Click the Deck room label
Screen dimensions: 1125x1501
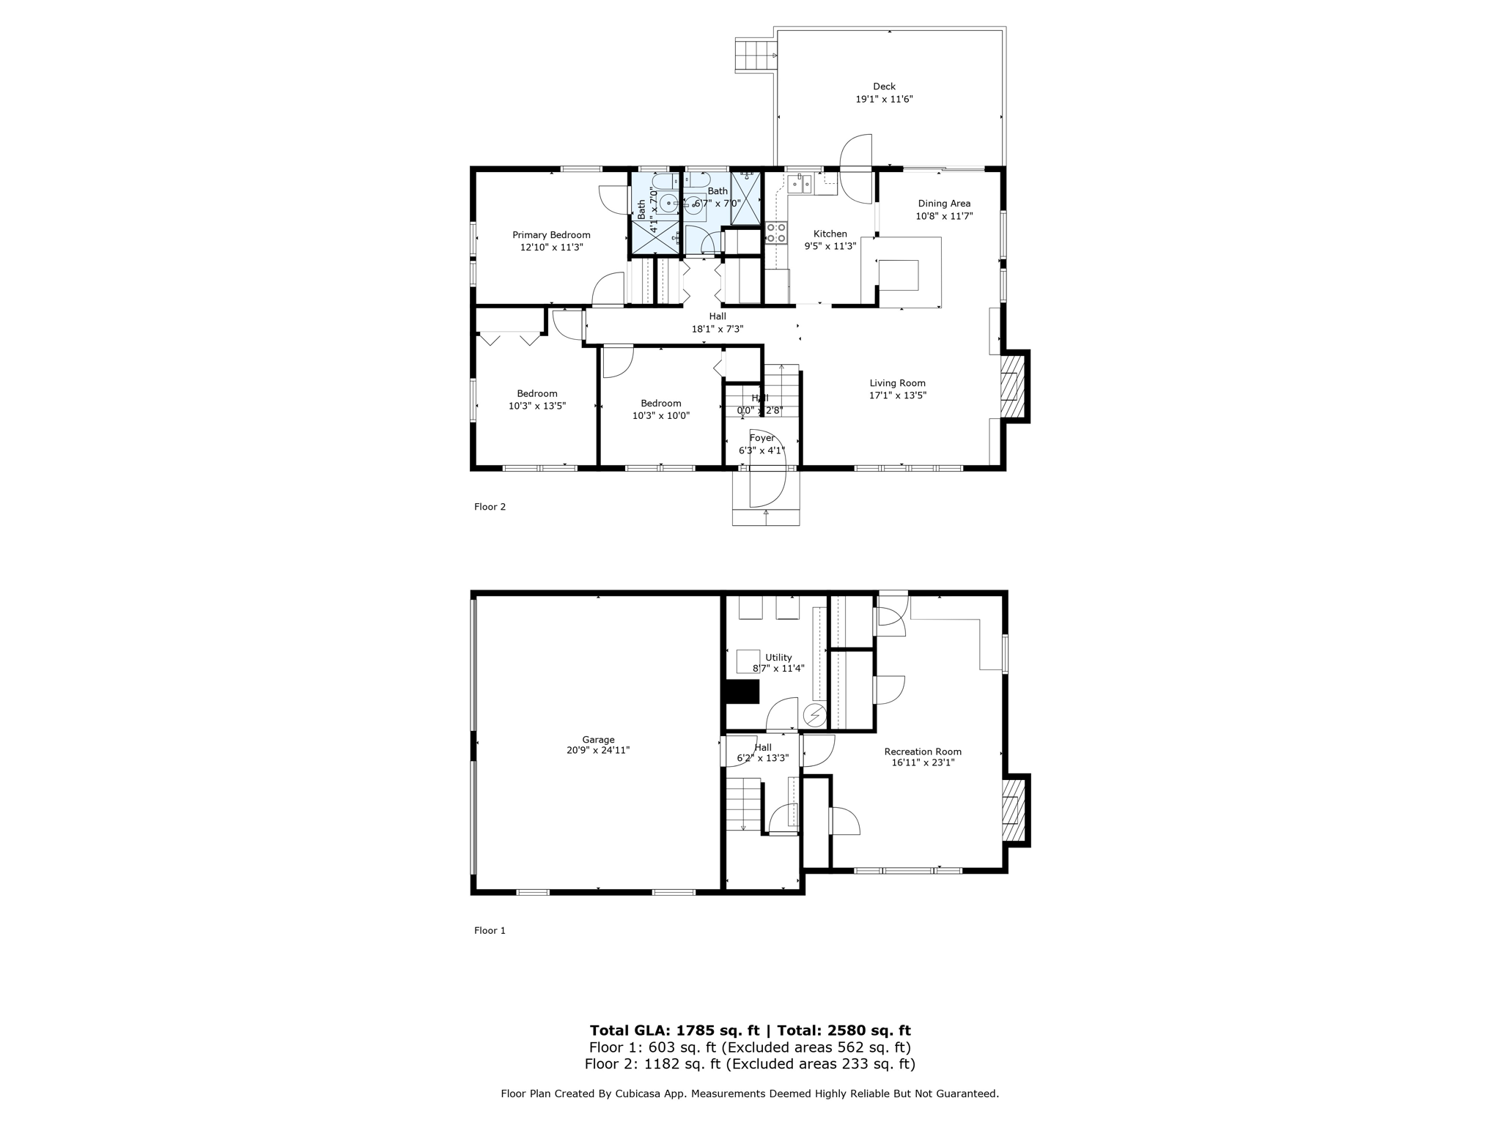[x=884, y=86]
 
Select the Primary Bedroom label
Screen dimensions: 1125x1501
[x=551, y=235]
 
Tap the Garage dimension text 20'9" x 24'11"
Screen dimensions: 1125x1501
[x=598, y=751]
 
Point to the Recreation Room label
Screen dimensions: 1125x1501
[x=923, y=751]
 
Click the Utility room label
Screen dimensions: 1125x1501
[x=778, y=658]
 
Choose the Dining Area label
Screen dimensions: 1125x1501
[x=944, y=204]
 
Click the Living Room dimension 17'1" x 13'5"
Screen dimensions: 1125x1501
[x=898, y=396]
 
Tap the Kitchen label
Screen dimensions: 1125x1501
[x=830, y=234]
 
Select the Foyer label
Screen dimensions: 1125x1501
[x=762, y=438]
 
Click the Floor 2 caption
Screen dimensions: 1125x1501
[x=490, y=507]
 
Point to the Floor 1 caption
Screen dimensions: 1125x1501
[x=490, y=931]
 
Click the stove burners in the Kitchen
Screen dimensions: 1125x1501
[x=776, y=233]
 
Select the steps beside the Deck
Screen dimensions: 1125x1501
[x=754, y=56]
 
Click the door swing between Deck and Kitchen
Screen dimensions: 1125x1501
[x=856, y=167]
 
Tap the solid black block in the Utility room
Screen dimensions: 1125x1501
[x=742, y=692]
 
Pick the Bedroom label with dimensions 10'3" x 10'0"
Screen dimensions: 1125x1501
[x=661, y=404]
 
